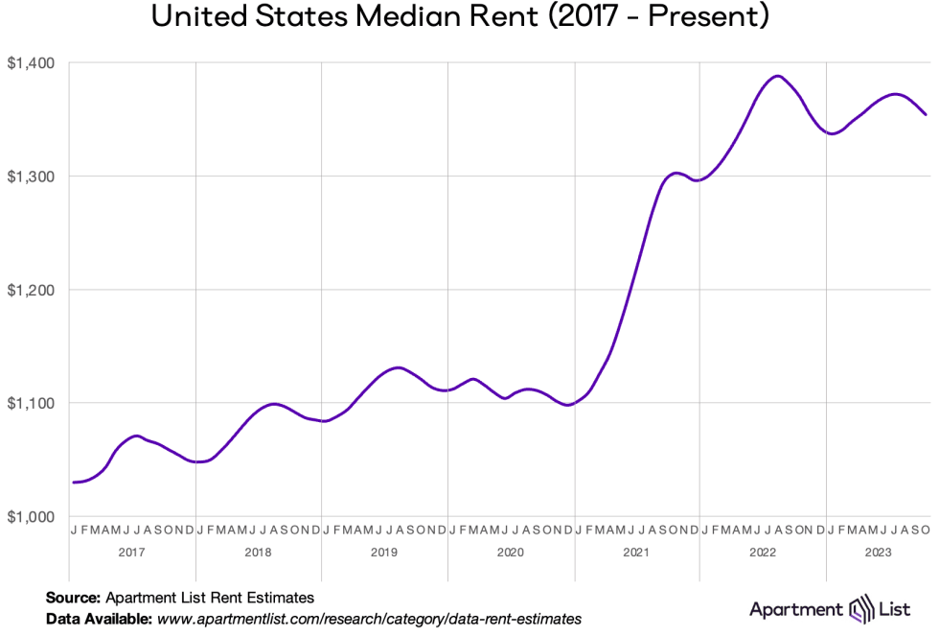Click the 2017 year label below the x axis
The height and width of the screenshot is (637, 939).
click(133, 553)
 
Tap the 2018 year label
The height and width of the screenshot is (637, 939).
click(259, 553)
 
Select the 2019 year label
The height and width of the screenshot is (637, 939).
click(384, 553)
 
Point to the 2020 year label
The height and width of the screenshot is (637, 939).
click(510, 553)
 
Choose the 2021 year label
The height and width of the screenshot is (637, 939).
click(636, 553)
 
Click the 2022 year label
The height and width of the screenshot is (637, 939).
click(762, 553)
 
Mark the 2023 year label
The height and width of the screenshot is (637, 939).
click(877, 553)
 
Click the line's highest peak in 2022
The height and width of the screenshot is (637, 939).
click(777, 76)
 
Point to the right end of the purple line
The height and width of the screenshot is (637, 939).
click(926, 114)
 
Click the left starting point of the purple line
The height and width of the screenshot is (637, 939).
click(74, 483)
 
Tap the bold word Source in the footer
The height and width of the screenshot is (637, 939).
click(73, 597)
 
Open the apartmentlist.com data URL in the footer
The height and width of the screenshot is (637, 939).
click(369, 619)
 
